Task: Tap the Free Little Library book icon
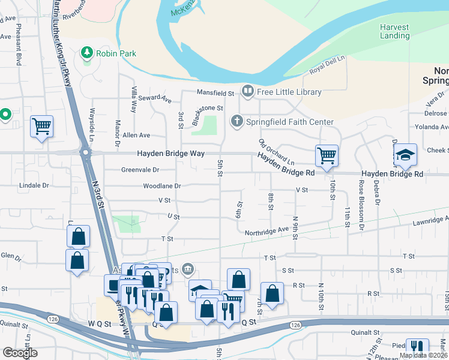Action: (x=247, y=92)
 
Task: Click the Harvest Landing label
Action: (x=394, y=31)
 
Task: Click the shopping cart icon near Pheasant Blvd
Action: (x=42, y=127)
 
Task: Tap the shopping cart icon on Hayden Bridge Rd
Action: (x=327, y=156)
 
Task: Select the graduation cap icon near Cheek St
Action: (x=406, y=156)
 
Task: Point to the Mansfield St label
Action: (x=216, y=93)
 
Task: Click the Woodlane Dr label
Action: (x=161, y=186)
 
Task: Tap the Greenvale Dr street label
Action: (x=139, y=170)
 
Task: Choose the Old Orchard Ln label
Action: (x=276, y=152)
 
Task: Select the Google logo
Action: (x=19, y=353)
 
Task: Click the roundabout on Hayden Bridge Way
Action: (x=86, y=153)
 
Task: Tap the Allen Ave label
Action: (x=136, y=136)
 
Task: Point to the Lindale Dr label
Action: (x=34, y=186)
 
